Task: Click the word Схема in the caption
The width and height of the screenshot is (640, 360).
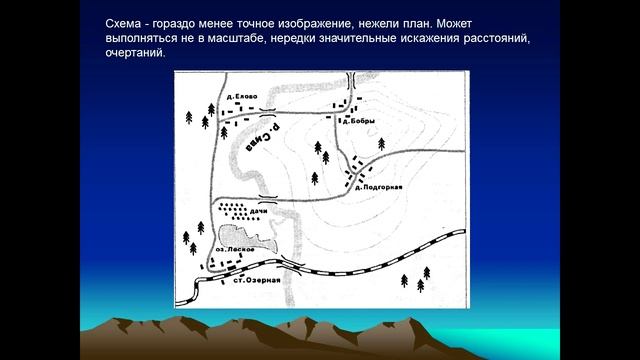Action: tap(127, 23)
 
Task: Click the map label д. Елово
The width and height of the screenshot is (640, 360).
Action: tap(243, 96)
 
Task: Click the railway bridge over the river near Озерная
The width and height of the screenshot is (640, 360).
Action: tap(289, 265)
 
